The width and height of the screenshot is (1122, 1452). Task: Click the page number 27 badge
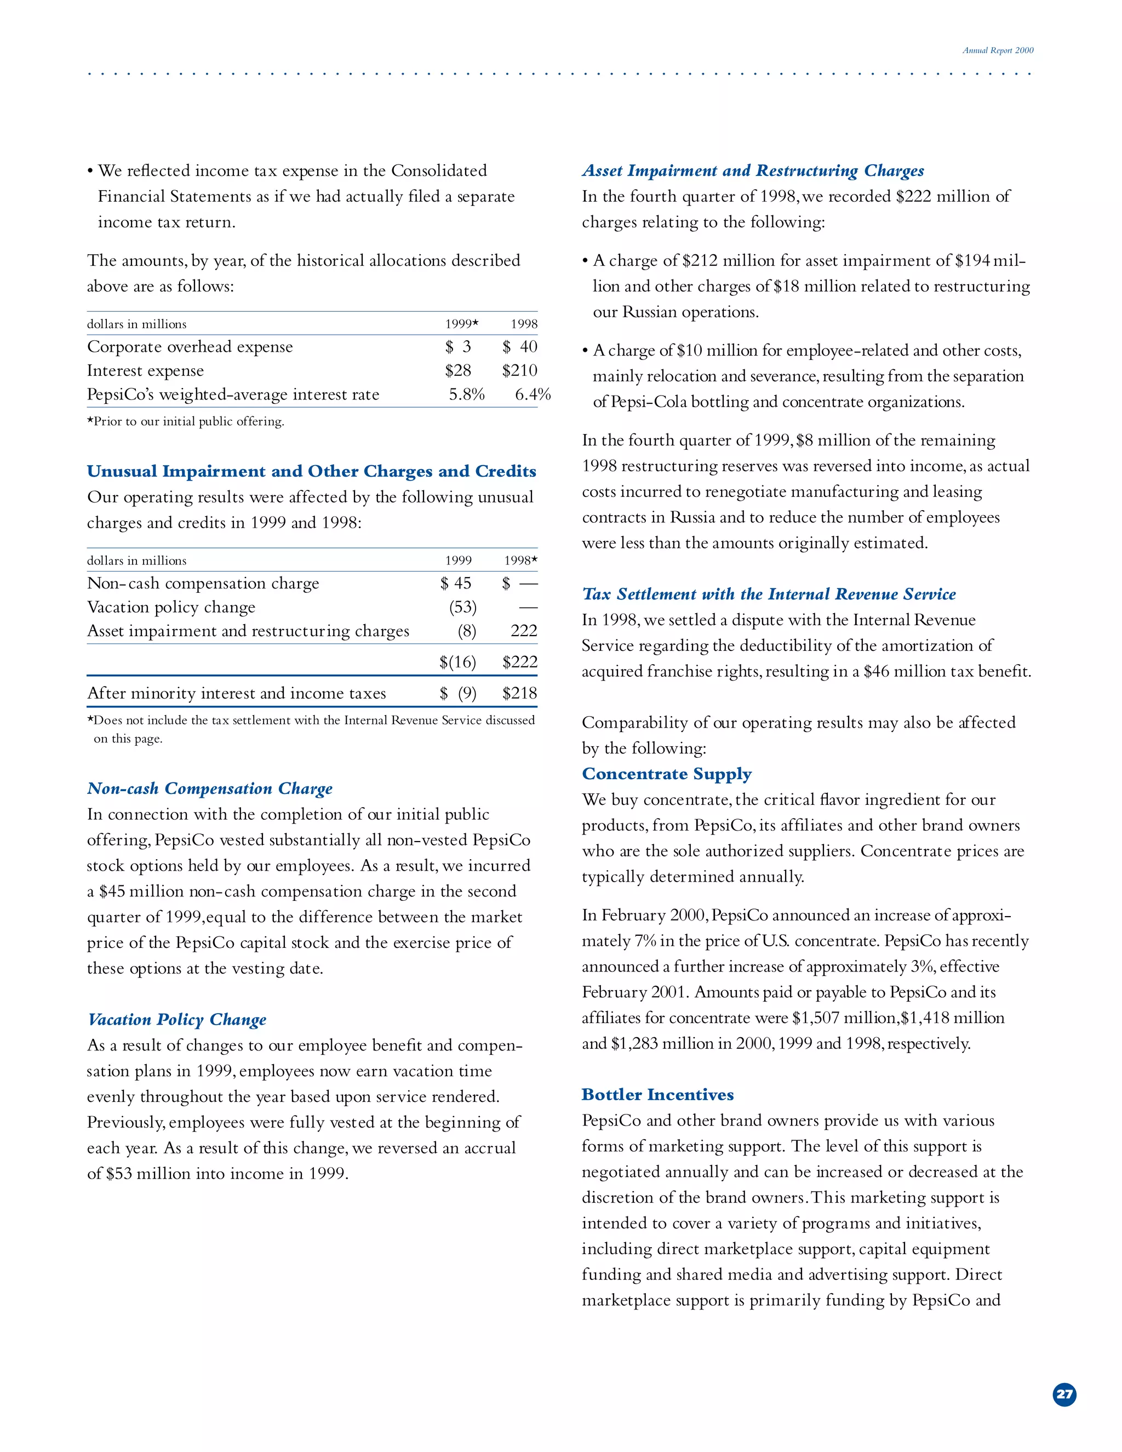[1064, 1394]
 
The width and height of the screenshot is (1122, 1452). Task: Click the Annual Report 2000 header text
[998, 50]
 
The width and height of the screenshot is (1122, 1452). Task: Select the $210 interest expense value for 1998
[519, 370]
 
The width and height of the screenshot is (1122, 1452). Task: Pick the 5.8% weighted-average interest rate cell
[467, 395]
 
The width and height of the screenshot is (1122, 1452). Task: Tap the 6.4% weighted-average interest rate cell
[533, 395]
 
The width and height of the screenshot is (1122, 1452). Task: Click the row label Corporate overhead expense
[190, 347]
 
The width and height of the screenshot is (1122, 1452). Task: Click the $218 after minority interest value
[519, 694]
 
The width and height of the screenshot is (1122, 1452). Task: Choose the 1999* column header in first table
[461, 324]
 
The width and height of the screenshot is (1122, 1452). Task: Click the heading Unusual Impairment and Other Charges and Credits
[311, 471]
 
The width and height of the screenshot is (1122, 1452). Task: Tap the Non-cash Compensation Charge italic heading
[209, 788]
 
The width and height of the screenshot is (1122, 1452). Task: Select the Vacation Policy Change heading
[177, 1020]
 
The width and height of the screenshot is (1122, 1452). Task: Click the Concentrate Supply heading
[666, 774]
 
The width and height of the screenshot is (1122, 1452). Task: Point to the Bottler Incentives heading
[657, 1095]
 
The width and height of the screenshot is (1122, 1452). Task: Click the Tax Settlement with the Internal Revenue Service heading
[769, 594]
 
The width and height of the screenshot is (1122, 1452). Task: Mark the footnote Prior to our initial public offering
[186, 421]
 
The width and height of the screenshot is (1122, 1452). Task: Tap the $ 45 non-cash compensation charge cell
[455, 583]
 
